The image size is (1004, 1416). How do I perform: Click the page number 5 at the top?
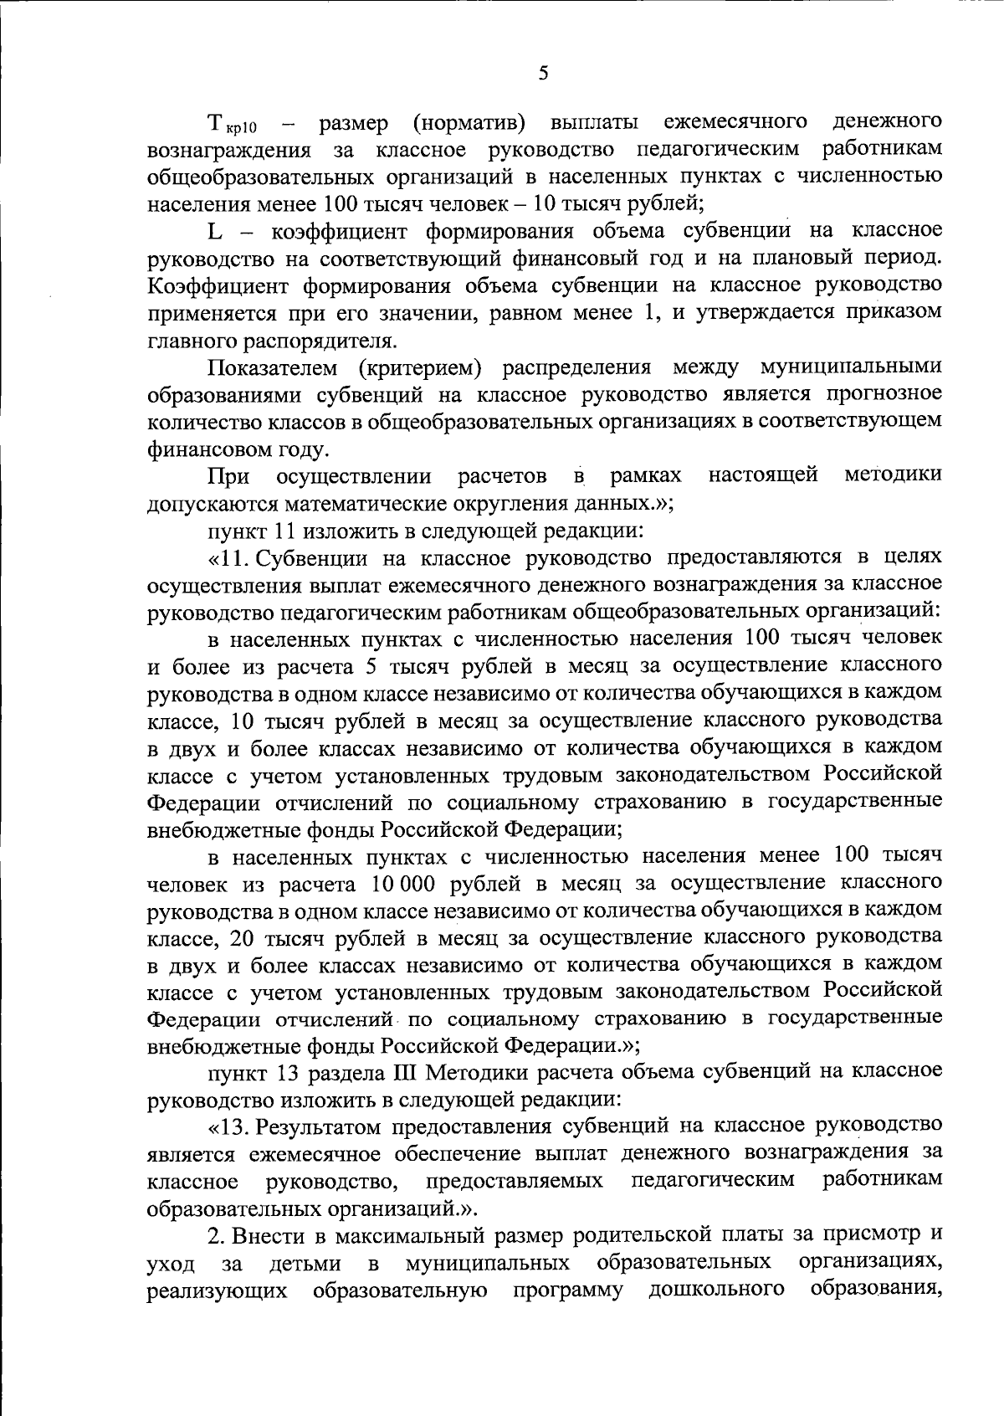544,74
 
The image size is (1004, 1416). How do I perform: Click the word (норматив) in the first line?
469,123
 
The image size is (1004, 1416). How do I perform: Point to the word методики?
893,475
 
